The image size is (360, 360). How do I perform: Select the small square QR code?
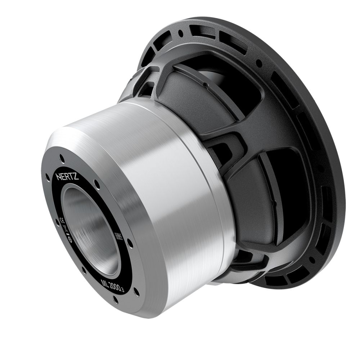[x=119, y=236]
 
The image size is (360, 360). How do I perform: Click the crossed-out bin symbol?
[x=65, y=228]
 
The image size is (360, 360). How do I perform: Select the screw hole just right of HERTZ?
[x=97, y=185]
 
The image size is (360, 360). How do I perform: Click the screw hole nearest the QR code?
[x=130, y=244]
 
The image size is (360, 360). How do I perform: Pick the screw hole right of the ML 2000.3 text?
[x=136, y=292]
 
